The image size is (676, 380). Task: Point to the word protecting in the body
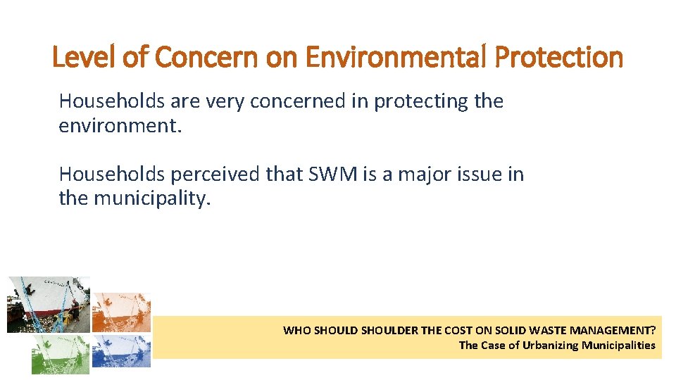tap(421, 101)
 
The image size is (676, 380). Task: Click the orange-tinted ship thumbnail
tap(121, 312)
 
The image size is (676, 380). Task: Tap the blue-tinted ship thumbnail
tap(121, 350)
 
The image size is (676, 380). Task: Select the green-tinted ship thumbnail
tap(61, 354)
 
